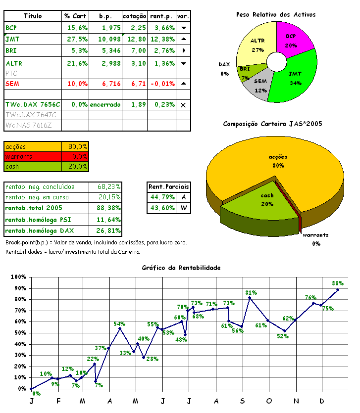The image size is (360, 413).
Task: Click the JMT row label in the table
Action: coord(12,39)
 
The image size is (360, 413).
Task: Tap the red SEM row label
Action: coord(12,84)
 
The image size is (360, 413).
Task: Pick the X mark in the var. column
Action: coord(183,105)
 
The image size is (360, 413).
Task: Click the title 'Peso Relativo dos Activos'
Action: coord(276,15)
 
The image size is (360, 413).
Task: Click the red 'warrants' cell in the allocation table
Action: coord(33,156)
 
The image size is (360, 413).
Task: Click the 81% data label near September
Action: coord(251,292)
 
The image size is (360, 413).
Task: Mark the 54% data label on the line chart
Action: coord(119,324)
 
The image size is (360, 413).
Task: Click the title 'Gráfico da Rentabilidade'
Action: coord(181,268)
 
